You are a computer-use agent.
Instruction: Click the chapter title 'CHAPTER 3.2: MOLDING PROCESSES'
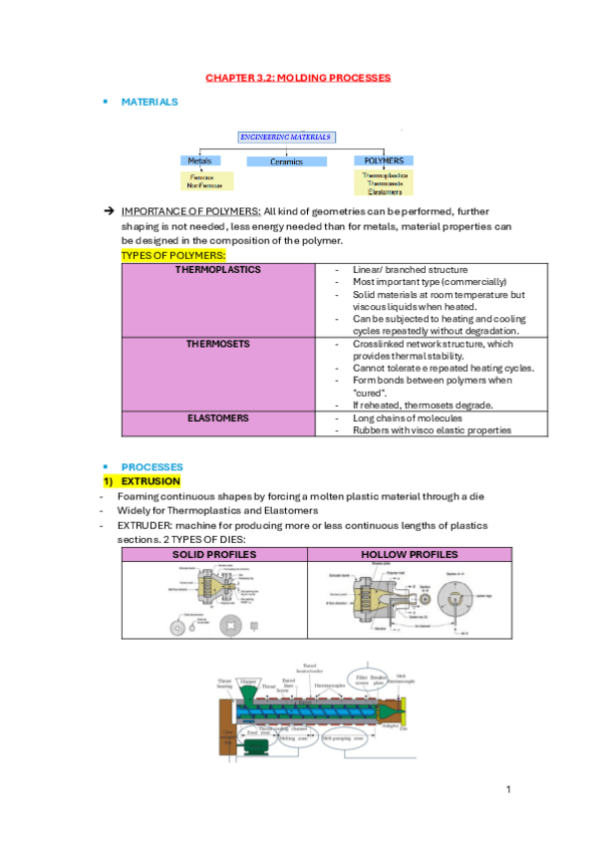click(x=298, y=77)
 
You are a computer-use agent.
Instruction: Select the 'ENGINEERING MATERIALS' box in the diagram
click(x=286, y=137)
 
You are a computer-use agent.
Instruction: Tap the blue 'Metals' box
click(x=199, y=160)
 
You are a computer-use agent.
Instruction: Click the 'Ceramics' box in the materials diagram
click(x=286, y=161)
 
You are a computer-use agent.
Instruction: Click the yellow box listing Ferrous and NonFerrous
click(x=206, y=180)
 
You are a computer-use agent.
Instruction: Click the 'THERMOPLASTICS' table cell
click(x=217, y=270)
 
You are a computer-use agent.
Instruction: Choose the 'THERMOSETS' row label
click(x=217, y=344)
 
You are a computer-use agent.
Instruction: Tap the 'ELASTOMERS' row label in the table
click(x=217, y=419)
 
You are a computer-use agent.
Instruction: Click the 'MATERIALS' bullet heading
click(x=149, y=102)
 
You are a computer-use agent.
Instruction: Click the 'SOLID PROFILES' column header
click(x=214, y=555)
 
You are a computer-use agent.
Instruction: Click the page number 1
click(x=508, y=789)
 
